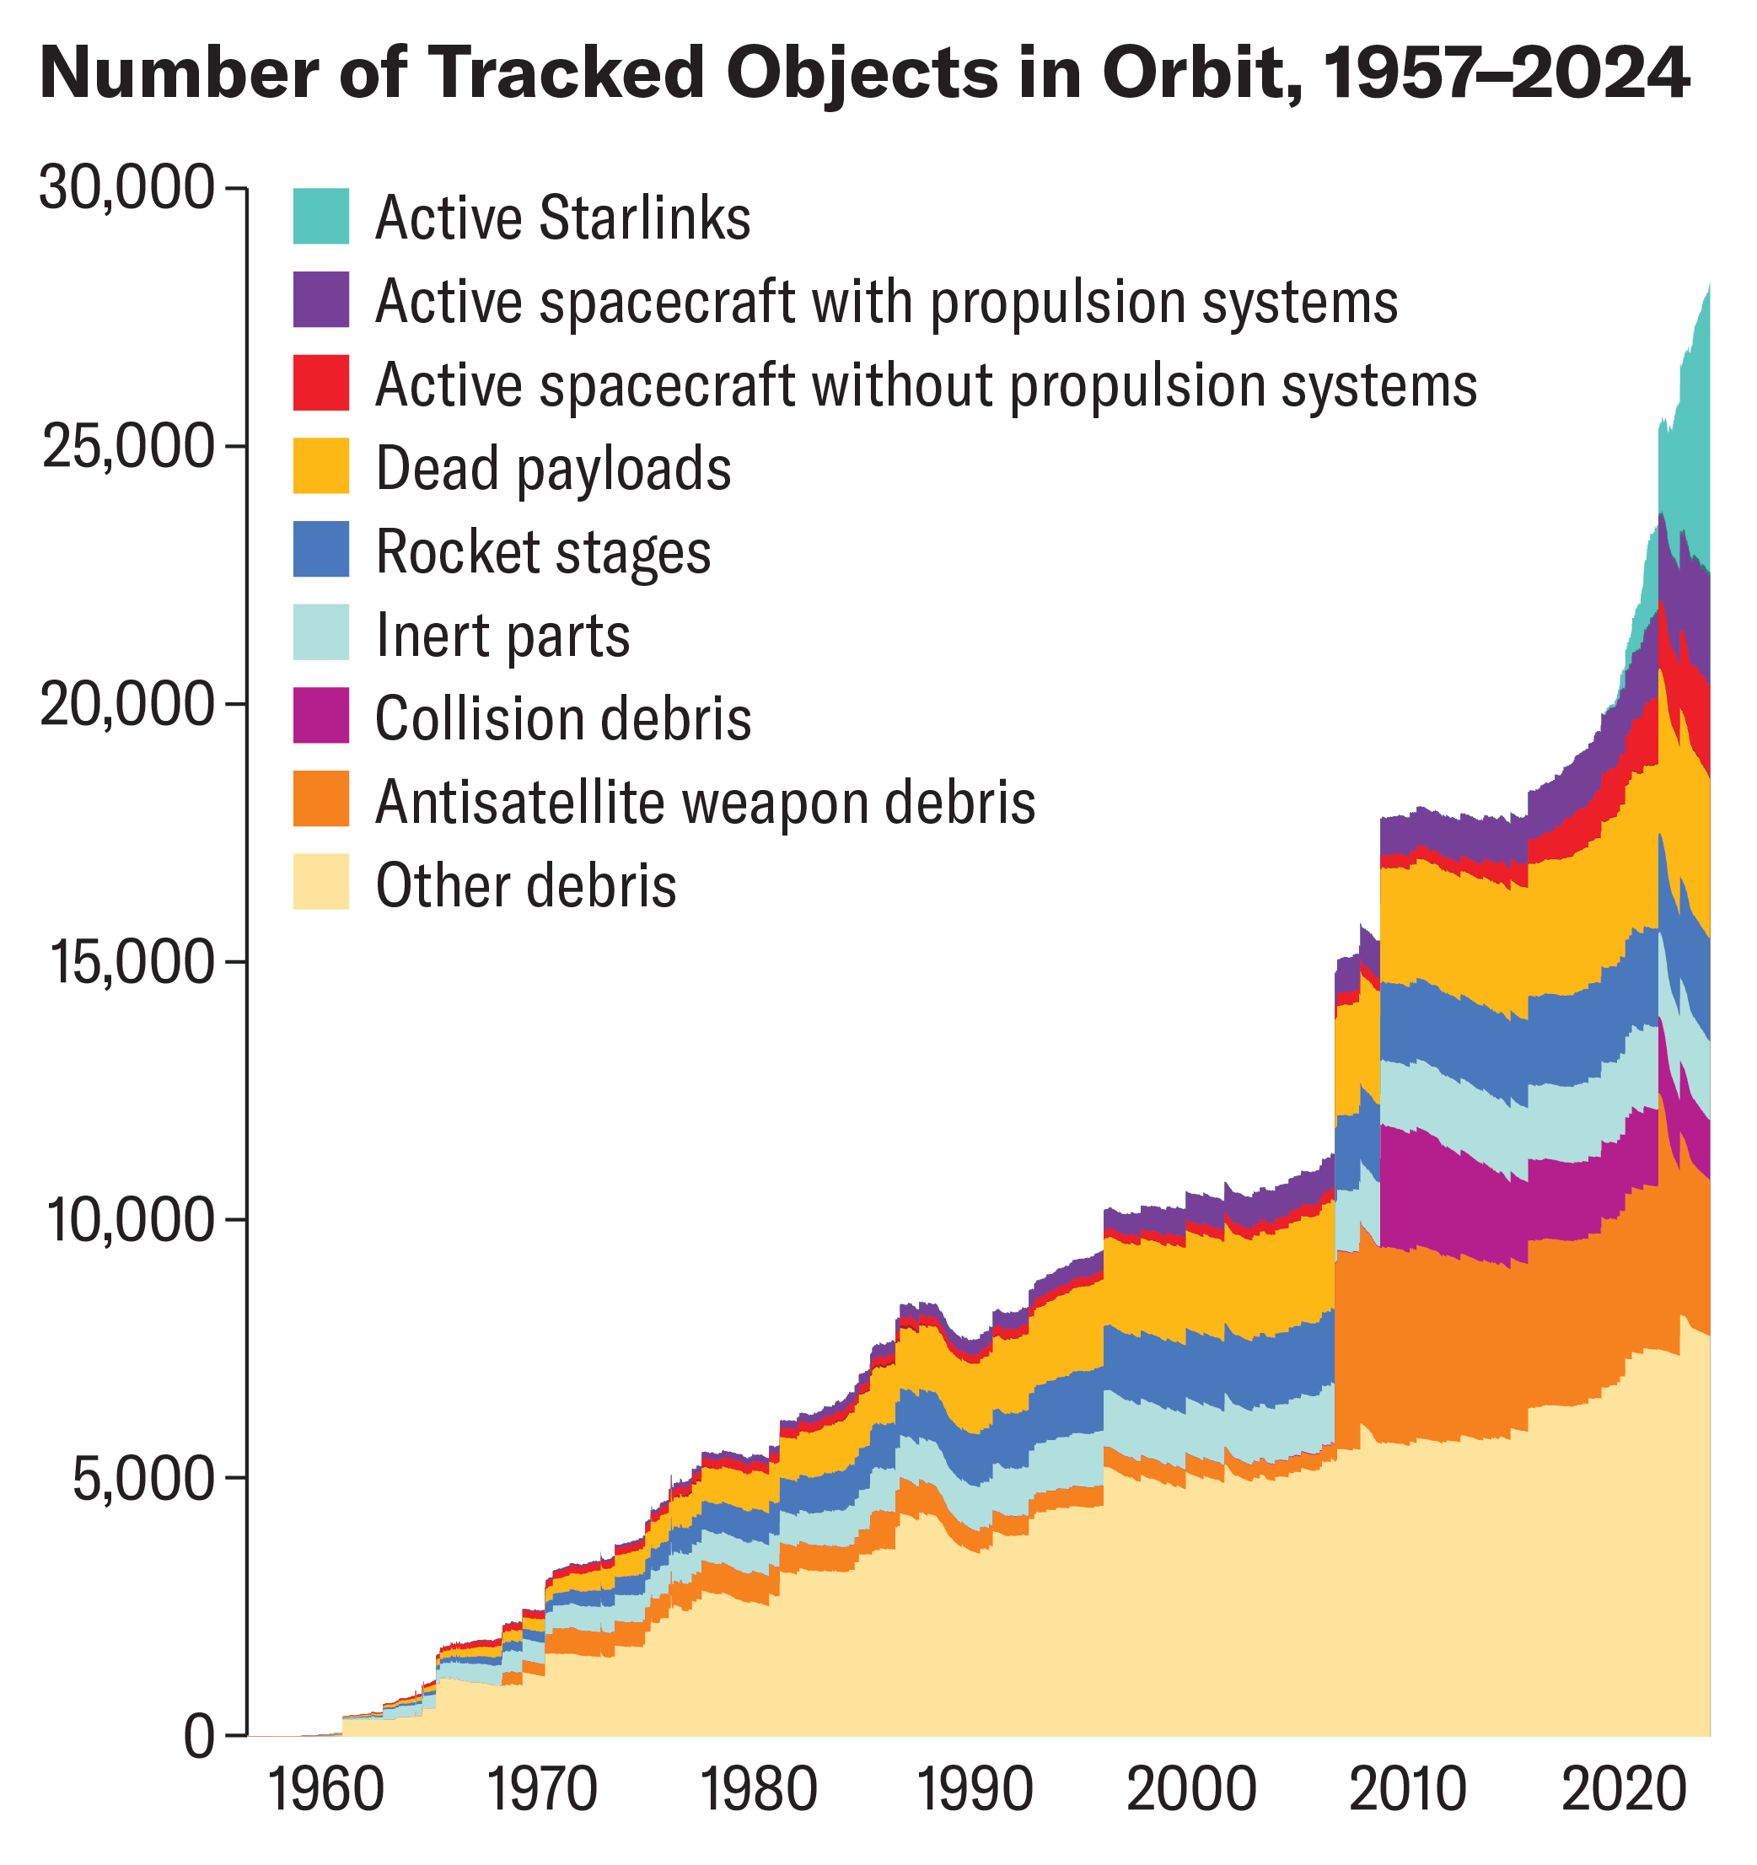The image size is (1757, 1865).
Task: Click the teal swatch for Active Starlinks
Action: click(x=321, y=217)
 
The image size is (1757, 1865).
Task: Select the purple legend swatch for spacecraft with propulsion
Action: click(x=321, y=300)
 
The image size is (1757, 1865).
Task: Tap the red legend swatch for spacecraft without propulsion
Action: click(x=321, y=383)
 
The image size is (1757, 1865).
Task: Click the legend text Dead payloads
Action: click(x=552, y=468)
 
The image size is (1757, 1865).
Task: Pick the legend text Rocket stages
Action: click(x=543, y=551)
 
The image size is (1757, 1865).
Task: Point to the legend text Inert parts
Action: click(x=502, y=635)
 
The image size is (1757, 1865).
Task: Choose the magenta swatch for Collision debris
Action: click(x=321, y=716)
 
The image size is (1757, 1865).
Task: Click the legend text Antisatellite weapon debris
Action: click(x=705, y=802)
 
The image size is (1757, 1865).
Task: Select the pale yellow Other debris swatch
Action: click(x=321, y=882)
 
